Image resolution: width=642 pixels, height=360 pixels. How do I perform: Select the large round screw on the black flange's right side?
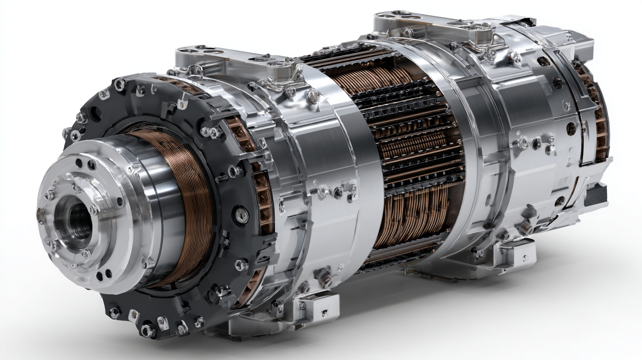click(x=241, y=215)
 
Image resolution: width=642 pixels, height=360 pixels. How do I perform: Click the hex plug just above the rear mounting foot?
click(x=525, y=227)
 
